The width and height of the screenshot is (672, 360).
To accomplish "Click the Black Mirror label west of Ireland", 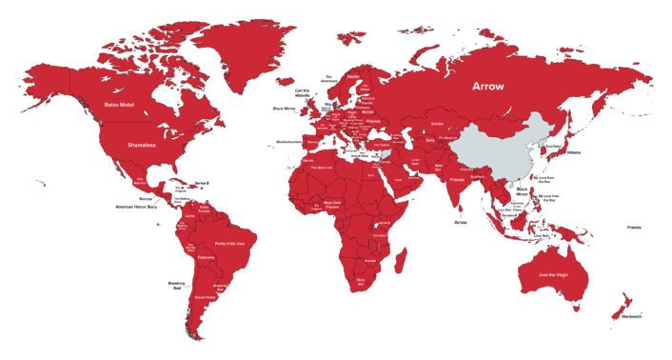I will pos(285,109).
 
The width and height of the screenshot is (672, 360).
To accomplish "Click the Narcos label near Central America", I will pos(145,198).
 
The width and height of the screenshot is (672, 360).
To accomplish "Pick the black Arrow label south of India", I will pos(461,223).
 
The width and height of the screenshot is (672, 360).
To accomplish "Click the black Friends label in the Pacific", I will pos(634,228).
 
